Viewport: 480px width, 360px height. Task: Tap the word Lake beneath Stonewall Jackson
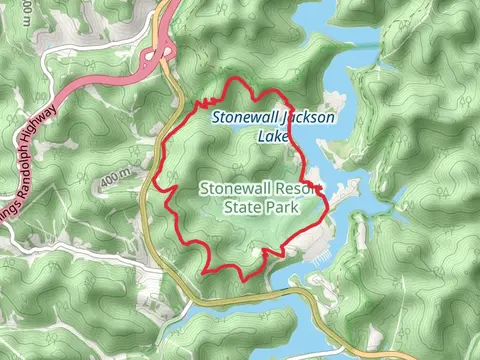(271, 136)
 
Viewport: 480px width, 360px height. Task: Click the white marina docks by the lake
(319, 259)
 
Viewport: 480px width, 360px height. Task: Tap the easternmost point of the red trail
(328, 208)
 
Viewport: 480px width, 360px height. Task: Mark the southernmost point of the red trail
(206, 273)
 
